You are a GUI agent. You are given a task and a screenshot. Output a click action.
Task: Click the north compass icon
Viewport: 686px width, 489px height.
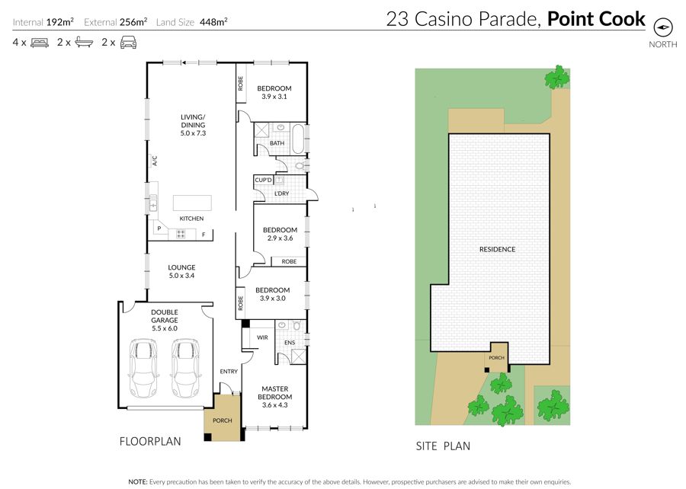point(663,27)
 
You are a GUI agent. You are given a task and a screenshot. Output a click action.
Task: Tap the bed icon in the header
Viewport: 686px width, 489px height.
point(40,43)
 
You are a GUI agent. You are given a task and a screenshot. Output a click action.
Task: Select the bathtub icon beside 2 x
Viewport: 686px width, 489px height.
point(84,43)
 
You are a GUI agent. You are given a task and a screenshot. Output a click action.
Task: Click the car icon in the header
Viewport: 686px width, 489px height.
point(128,43)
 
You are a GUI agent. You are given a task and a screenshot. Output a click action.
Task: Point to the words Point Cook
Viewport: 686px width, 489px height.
point(596,19)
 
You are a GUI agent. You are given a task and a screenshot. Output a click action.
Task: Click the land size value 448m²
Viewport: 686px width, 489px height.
point(213,22)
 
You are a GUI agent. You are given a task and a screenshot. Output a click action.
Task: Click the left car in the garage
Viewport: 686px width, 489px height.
point(143,368)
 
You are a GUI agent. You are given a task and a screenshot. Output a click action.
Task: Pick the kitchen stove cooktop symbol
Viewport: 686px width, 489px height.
point(181,234)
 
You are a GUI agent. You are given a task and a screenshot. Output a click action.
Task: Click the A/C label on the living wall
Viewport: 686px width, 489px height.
point(155,161)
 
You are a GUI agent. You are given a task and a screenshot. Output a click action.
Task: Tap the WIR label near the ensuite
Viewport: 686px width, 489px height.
point(262,337)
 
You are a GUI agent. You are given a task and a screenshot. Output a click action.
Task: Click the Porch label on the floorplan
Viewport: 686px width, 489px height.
point(223,420)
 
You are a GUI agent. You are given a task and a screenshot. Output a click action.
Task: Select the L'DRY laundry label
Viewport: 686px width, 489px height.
point(282,193)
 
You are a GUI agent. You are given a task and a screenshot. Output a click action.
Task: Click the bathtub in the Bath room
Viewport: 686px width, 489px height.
point(298,139)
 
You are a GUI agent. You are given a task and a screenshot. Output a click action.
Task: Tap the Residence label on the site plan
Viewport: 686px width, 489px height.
point(498,249)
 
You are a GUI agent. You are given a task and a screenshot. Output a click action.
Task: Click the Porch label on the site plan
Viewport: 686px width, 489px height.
point(496,357)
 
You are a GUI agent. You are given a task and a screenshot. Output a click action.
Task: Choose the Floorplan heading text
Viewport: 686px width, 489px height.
point(150,441)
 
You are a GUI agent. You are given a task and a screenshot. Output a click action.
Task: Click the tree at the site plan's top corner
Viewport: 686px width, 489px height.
point(557,78)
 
